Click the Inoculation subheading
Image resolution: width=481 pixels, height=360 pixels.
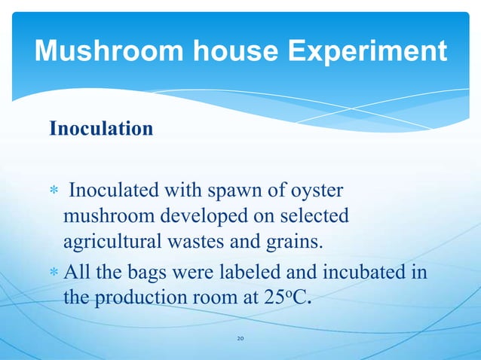[x=101, y=129]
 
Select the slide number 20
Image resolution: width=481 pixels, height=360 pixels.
[x=240, y=339]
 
